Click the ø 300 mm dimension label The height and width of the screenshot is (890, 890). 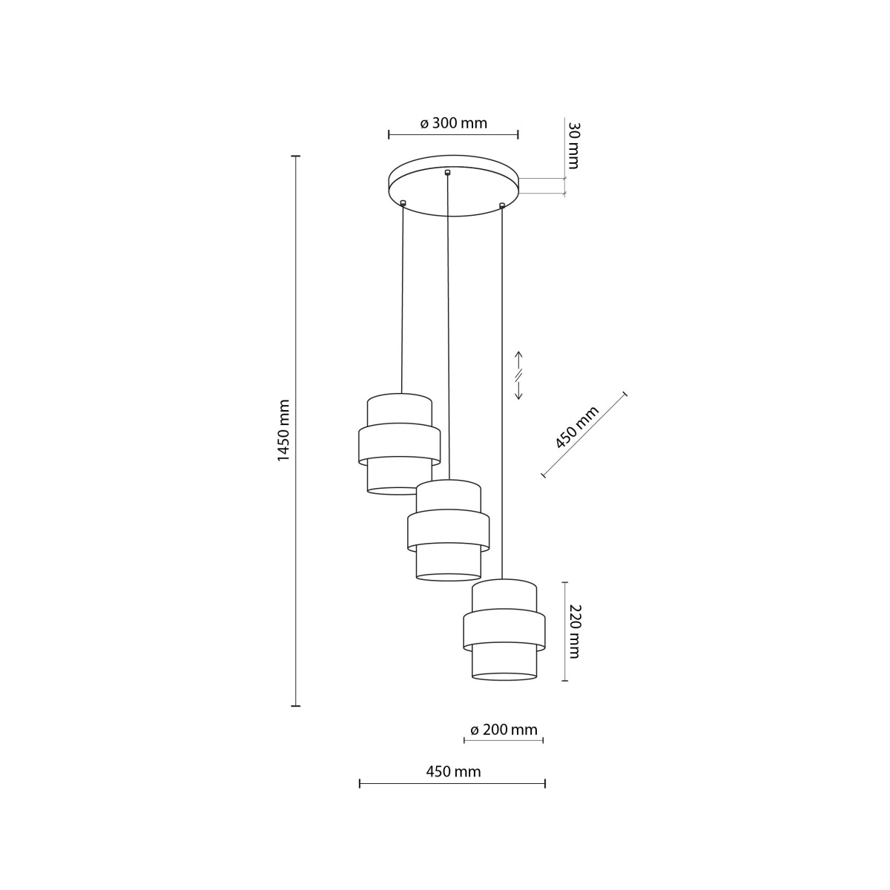(x=453, y=123)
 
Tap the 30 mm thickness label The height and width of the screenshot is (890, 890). (x=573, y=145)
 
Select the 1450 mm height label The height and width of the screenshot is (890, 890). (x=283, y=430)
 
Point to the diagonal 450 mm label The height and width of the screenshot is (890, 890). (x=576, y=428)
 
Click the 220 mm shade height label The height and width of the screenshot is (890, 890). (x=574, y=630)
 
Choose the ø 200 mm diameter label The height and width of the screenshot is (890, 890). (x=504, y=730)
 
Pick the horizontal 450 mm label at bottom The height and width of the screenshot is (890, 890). (x=453, y=771)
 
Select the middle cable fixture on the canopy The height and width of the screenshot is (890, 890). (x=447, y=173)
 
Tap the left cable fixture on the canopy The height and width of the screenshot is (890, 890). (x=403, y=202)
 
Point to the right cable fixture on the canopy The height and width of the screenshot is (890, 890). (x=502, y=204)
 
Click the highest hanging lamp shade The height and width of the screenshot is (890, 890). (x=399, y=444)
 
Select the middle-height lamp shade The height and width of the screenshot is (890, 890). (x=448, y=530)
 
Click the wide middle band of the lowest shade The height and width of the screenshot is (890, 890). (x=504, y=629)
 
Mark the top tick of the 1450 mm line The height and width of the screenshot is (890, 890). (x=295, y=156)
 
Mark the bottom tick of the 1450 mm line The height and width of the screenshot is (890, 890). (x=295, y=705)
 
